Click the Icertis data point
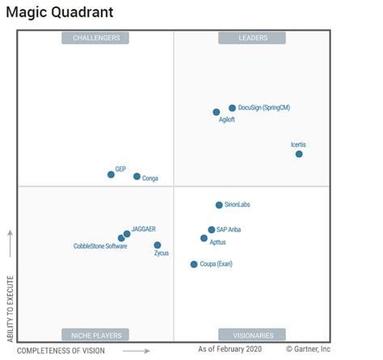click(299, 154)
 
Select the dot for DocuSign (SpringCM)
click(232, 107)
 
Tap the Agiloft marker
click(217, 112)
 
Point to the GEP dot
click(112, 174)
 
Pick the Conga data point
click(137, 176)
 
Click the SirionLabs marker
click(219, 205)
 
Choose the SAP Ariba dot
click(212, 230)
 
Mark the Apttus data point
click(204, 238)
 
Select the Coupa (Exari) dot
click(194, 264)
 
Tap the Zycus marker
click(157, 245)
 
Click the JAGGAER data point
click(127, 234)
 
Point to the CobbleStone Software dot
click(121, 238)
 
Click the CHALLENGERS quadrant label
click(96, 38)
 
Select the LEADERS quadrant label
click(253, 38)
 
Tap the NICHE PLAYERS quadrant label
click(96, 334)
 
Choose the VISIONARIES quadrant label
click(253, 334)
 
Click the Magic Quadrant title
click(60, 12)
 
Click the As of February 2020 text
click(230, 350)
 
